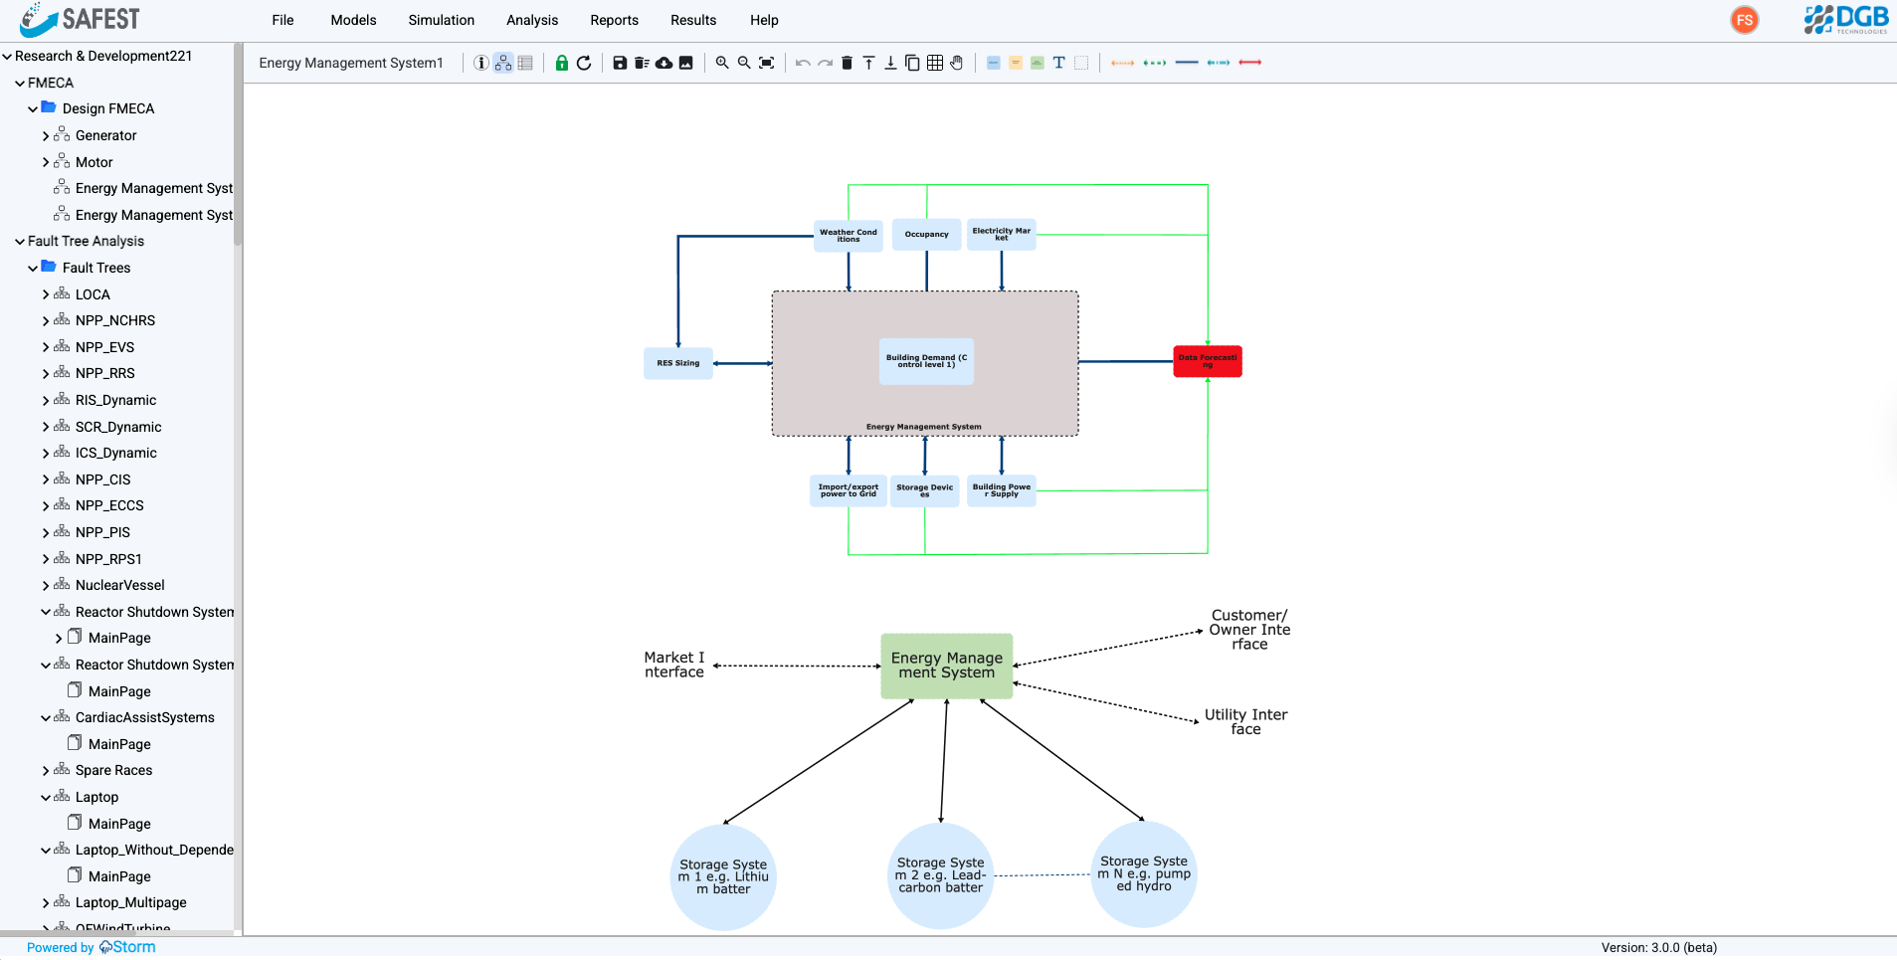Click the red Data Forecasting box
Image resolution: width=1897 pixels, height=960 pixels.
click(x=1207, y=361)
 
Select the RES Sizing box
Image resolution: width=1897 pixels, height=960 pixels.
click(x=677, y=363)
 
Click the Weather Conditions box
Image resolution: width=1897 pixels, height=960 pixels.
click(x=848, y=235)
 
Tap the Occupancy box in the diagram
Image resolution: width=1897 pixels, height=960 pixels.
click(x=926, y=235)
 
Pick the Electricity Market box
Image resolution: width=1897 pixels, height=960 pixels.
click(x=1001, y=235)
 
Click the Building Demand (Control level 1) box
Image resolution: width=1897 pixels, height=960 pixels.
click(x=926, y=361)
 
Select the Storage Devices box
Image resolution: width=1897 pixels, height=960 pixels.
click(x=924, y=490)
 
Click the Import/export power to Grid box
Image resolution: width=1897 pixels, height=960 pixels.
click(x=848, y=490)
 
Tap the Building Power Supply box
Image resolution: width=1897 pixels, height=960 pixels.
click(x=1002, y=490)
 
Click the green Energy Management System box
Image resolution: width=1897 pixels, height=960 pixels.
click(x=946, y=666)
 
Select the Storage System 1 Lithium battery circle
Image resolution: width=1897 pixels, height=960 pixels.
click(x=723, y=876)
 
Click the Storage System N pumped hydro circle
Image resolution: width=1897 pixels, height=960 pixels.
click(x=1143, y=874)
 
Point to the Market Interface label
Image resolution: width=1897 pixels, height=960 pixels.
click(x=673, y=665)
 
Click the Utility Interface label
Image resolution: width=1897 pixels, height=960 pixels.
click(x=1245, y=721)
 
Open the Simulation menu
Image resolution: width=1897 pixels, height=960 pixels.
click(x=441, y=20)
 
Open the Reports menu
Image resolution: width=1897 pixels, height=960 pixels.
click(x=614, y=20)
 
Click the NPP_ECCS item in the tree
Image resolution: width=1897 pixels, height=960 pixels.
click(x=109, y=505)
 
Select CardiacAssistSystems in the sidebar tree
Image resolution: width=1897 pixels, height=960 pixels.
click(x=144, y=717)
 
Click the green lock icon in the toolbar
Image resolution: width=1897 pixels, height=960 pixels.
click(x=562, y=63)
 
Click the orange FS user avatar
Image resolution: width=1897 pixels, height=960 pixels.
click(x=1744, y=20)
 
